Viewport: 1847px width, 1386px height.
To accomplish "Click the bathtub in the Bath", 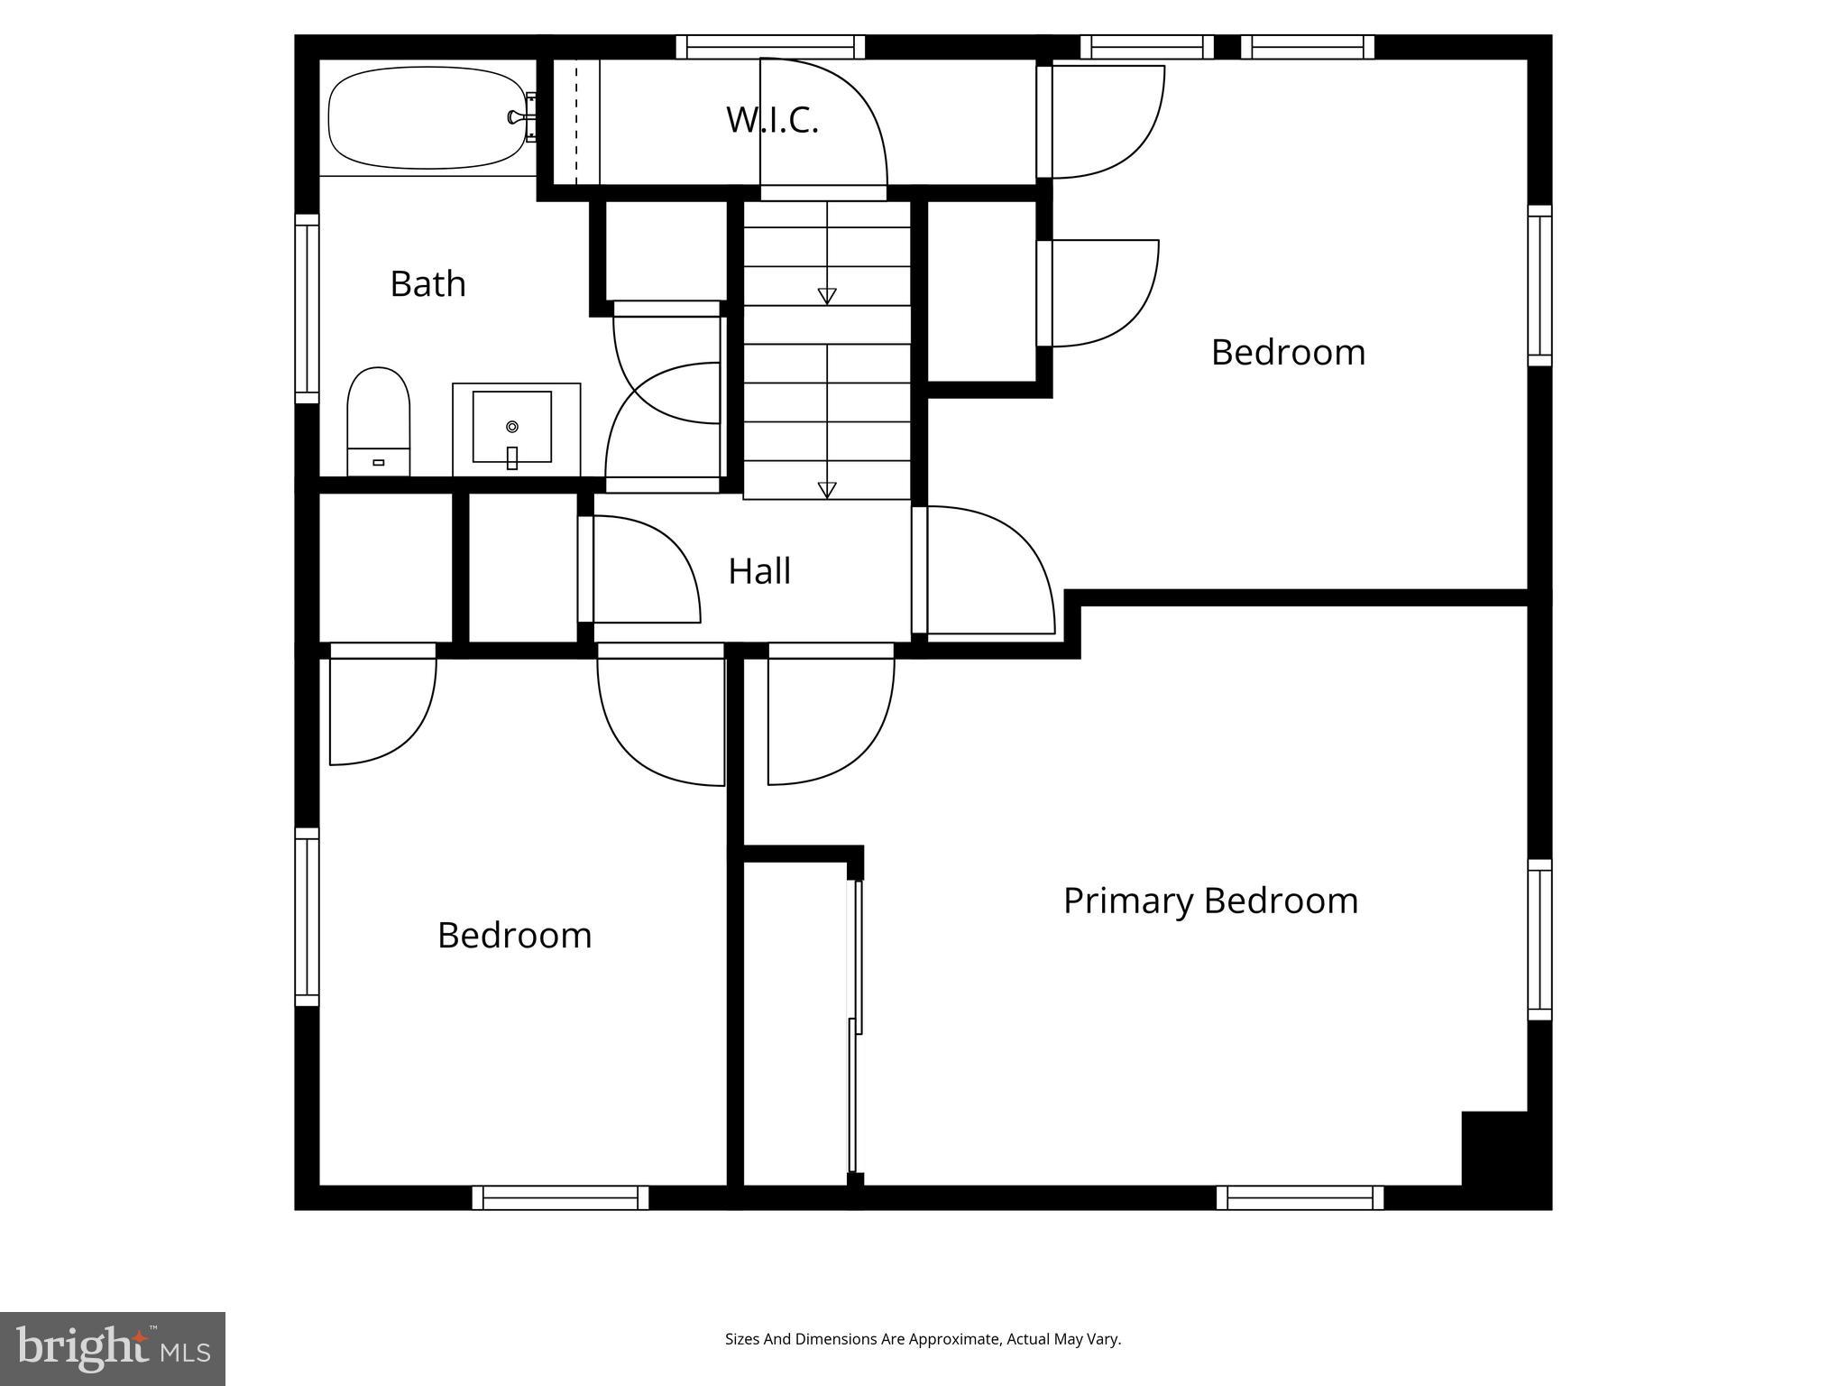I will point(427,119).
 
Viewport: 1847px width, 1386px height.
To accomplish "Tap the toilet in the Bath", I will point(379,420).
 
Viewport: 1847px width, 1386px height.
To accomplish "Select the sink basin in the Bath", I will point(511,426).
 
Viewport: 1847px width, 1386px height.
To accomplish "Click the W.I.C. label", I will point(772,120).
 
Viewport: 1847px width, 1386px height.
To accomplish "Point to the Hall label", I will point(759,571).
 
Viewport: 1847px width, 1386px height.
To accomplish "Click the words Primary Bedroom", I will point(1210,901).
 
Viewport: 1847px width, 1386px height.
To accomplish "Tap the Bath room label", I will point(427,284).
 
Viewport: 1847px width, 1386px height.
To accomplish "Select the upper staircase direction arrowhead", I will point(827,296).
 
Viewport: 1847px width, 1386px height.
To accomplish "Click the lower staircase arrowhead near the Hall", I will point(827,490).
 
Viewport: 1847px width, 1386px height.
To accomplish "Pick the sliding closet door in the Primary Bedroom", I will point(855,1029).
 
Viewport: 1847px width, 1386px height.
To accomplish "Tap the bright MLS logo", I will point(113,1348).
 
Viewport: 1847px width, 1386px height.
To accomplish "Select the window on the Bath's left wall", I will point(308,309).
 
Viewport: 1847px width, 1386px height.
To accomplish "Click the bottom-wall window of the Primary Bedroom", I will point(1300,1197).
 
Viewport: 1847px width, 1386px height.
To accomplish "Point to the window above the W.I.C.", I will point(770,47).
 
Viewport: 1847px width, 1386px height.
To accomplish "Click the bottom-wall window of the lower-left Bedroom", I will point(560,1197).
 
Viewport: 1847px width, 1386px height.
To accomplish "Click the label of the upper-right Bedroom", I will point(1287,352).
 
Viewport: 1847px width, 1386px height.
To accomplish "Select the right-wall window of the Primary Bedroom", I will point(1539,939).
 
